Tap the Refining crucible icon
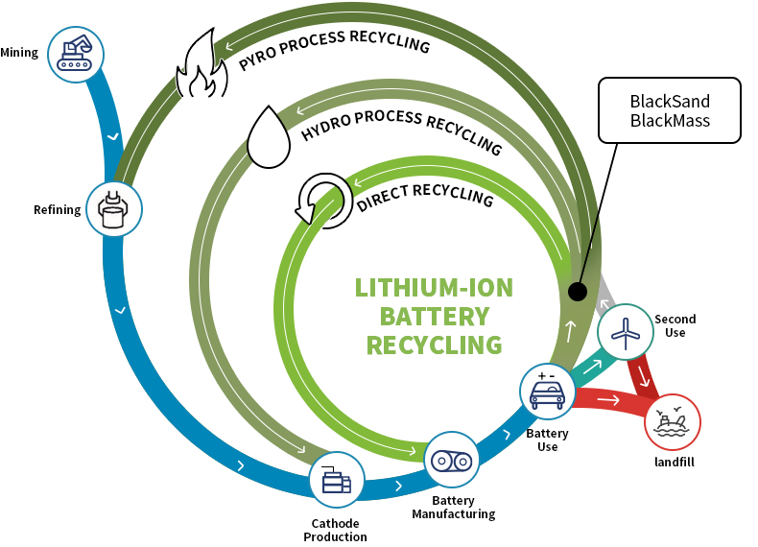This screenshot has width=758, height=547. pos(113,205)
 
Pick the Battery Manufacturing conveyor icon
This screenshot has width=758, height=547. pos(451,460)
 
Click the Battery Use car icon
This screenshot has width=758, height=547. pos(547,391)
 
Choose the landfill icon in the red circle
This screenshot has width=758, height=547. pos(673,422)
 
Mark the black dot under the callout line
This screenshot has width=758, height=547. pos(577,291)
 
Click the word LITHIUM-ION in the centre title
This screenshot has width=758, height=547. pos(434,288)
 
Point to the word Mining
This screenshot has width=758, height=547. pos(19,53)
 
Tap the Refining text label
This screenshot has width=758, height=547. pos(57,210)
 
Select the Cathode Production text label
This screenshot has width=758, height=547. pos(335,530)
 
